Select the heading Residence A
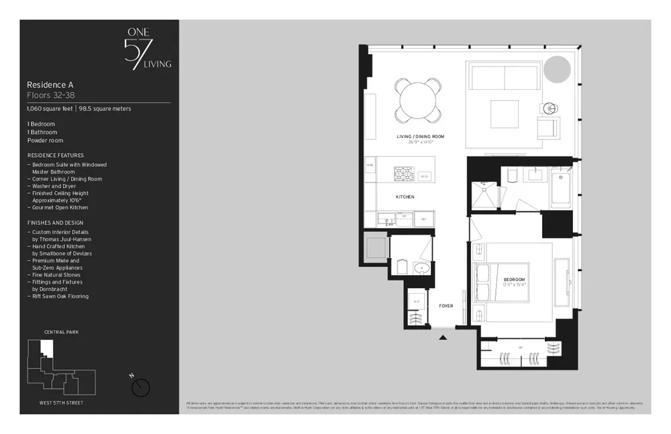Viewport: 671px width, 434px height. tap(50, 85)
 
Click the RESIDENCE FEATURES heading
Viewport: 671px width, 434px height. tap(55, 155)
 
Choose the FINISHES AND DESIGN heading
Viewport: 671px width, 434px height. tap(56, 222)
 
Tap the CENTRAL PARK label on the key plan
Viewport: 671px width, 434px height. tap(62, 331)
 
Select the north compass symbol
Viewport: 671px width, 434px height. tap(141, 387)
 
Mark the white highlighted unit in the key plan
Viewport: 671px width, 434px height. tap(46, 347)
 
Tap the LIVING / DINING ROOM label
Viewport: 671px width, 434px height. tap(420, 138)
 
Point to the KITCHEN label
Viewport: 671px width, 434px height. tap(405, 197)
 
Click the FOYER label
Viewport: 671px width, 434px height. tap(446, 306)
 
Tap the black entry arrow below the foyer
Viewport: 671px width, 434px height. tap(442, 337)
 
